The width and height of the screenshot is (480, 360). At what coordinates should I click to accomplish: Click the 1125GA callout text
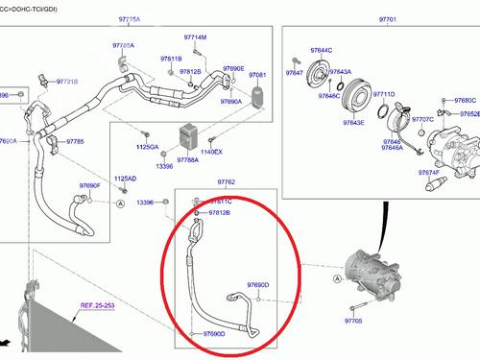148,147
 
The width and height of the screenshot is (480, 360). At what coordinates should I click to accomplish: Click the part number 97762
227,180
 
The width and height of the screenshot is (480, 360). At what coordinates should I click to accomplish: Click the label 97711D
384,94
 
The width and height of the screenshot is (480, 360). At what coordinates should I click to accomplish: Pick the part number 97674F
428,172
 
